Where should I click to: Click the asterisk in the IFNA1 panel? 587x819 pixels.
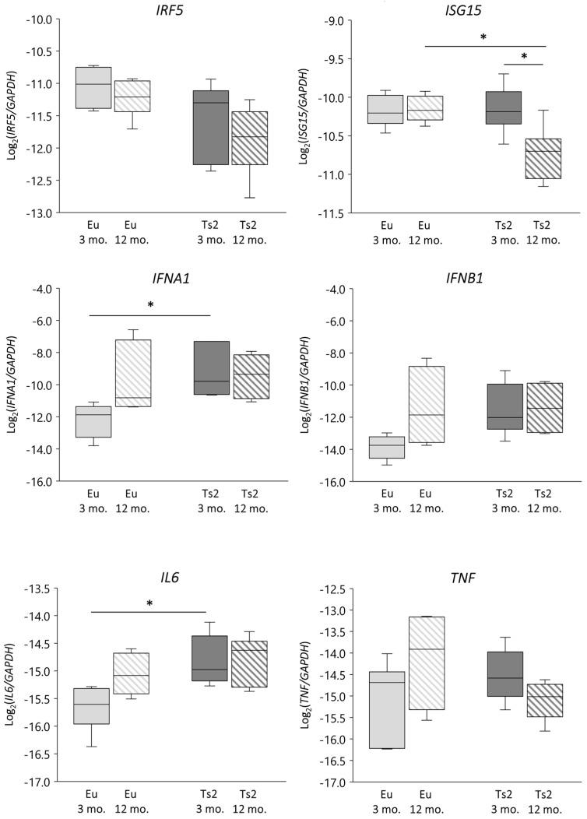tap(150, 306)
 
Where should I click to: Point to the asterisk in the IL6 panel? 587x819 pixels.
tap(149, 603)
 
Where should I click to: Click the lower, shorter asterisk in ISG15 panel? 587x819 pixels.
tap(523, 57)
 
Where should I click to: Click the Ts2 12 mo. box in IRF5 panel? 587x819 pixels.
tap(246, 138)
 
